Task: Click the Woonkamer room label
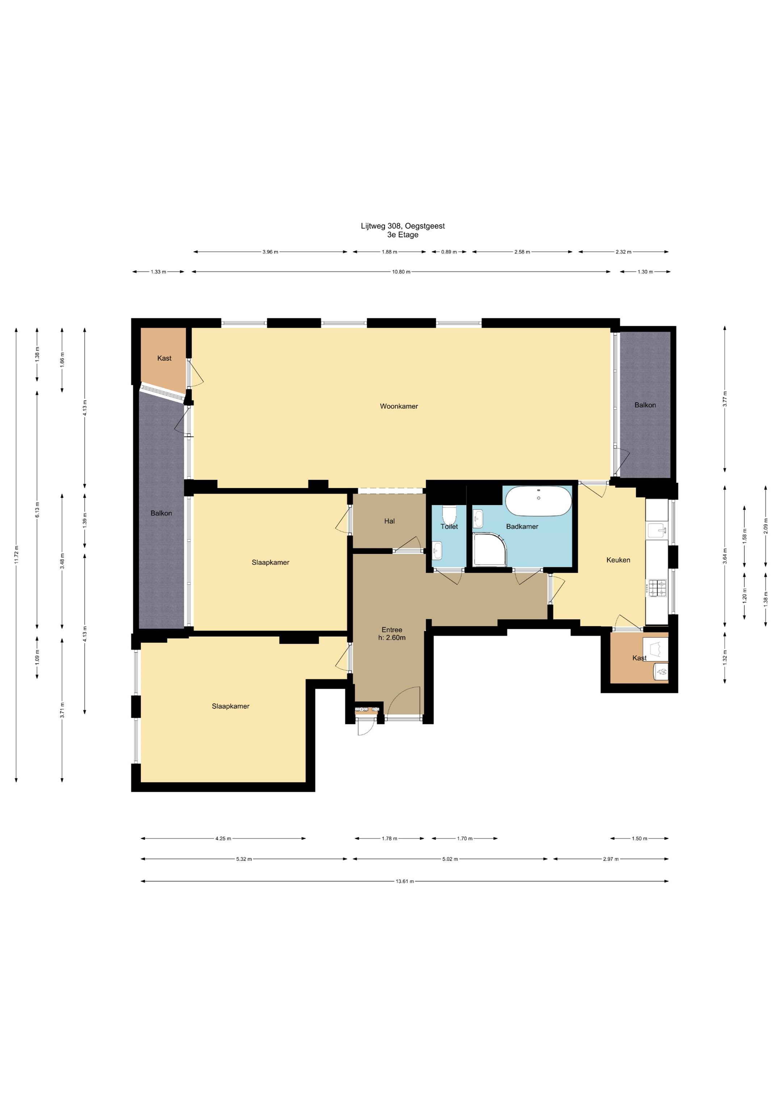[x=399, y=406]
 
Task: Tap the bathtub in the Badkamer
[x=538, y=501]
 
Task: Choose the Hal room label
[x=389, y=521]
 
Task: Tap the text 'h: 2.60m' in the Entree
[x=392, y=638]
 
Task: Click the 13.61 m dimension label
[x=405, y=881]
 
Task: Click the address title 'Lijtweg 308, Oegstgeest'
[x=403, y=226]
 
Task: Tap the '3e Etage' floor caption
[x=403, y=235]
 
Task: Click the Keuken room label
[x=618, y=560]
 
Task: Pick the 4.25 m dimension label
[x=223, y=839]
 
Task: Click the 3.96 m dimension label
[x=270, y=252]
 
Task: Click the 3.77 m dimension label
[x=725, y=399]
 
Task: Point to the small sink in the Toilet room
[x=437, y=550]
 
